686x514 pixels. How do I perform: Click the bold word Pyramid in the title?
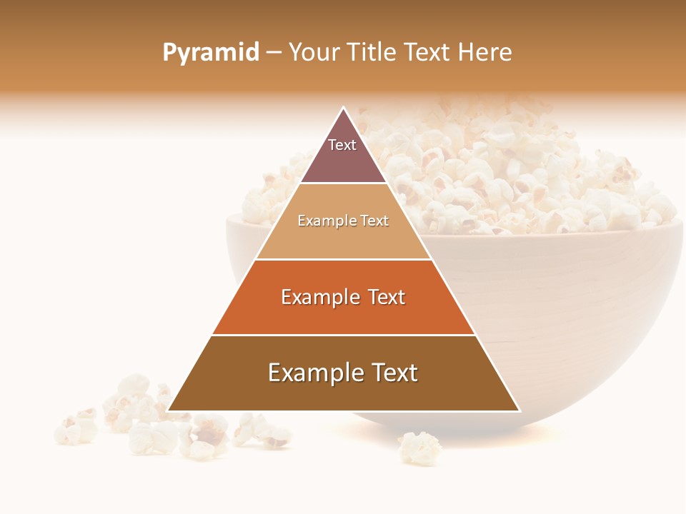point(211,53)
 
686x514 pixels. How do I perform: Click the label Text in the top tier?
point(342,145)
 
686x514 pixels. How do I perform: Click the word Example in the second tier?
point(319,221)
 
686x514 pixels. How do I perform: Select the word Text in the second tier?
point(374,221)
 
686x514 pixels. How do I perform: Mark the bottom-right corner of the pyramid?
point(520,411)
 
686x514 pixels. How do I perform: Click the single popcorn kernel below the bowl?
point(419,448)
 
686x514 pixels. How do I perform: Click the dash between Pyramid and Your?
point(274,53)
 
